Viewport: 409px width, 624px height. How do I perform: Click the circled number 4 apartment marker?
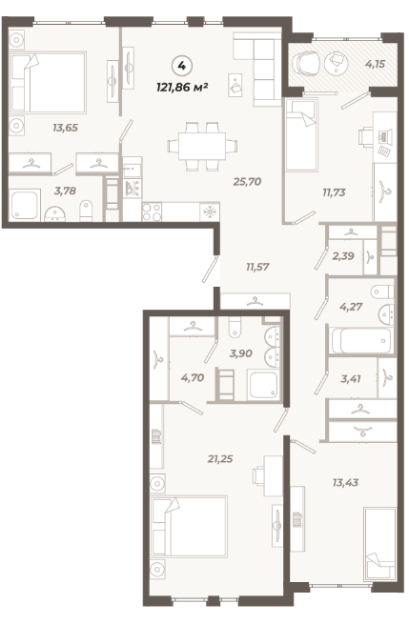(x=182, y=66)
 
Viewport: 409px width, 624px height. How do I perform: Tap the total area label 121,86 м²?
(x=182, y=87)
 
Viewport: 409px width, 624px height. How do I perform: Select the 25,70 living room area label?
(x=247, y=182)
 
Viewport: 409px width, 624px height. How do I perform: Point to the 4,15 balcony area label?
(x=375, y=64)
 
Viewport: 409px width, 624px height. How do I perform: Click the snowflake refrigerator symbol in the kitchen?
(x=210, y=212)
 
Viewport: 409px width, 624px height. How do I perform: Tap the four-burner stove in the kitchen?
(x=153, y=211)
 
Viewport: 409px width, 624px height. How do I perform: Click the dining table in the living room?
(x=202, y=147)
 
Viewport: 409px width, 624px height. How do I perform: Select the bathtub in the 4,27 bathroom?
(x=361, y=341)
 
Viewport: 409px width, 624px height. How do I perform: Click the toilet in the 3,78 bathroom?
(x=86, y=211)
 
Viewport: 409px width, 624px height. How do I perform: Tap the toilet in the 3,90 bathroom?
(x=235, y=327)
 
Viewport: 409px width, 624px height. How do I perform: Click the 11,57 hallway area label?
(x=257, y=267)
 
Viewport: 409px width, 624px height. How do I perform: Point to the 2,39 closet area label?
(x=343, y=256)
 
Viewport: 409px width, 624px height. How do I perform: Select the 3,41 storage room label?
(x=351, y=379)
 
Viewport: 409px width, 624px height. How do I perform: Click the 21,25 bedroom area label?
(x=220, y=459)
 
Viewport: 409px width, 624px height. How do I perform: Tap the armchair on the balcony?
(x=306, y=64)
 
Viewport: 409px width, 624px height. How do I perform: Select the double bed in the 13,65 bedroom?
(x=48, y=82)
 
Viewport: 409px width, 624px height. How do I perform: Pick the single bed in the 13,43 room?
(x=380, y=544)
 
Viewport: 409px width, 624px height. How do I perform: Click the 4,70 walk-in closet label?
(x=193, y=377)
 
